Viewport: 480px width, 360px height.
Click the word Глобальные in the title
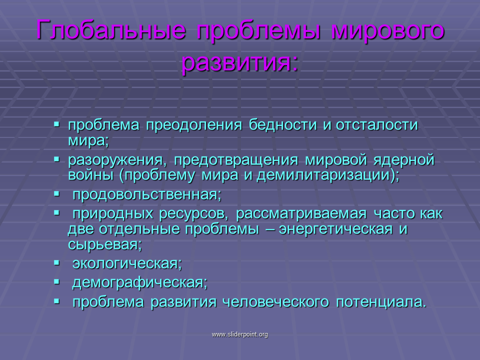click(111, 30)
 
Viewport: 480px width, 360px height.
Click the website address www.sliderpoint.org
click(239, 334)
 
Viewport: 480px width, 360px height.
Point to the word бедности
click(282, 125)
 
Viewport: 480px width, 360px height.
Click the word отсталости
click(376, 125)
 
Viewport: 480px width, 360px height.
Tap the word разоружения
click(117, 160)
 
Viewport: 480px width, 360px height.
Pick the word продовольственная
click(146, 194)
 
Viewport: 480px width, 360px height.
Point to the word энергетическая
click(335, 229)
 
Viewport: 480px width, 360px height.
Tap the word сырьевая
click(104, 245)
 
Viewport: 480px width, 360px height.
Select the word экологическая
click(127, 263)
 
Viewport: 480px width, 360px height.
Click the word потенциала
click(381, 302)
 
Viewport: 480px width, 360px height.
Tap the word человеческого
click(275, 302)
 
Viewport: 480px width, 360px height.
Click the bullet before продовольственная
click(56, 194)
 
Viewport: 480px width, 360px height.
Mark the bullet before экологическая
click(56, 262)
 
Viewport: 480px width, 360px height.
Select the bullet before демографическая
click(56, 282)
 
